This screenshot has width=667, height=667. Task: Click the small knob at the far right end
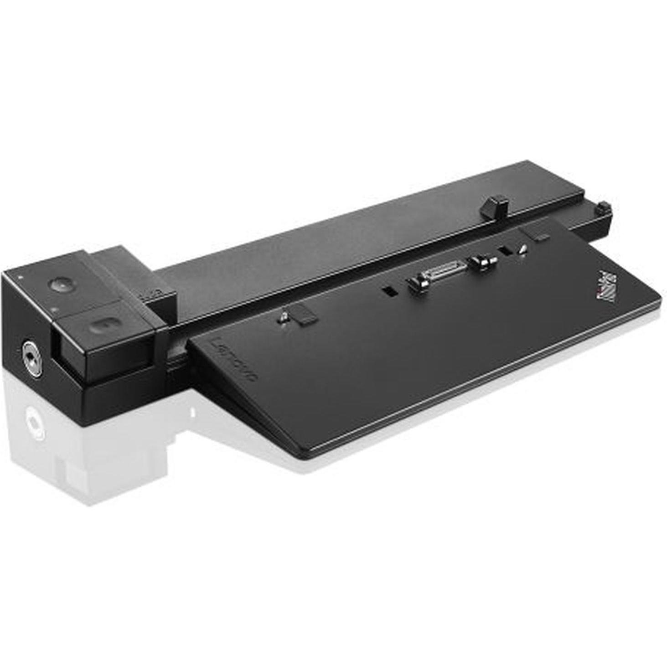point(604,208)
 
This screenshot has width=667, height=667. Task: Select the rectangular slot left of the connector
point(388,291)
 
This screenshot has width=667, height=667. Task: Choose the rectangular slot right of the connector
point(504,251)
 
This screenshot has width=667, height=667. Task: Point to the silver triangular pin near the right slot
point(522,248)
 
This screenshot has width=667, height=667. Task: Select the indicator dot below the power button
point(56,310)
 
